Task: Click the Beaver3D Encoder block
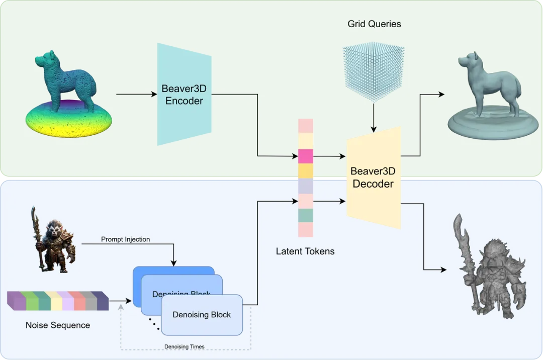click(184, 94)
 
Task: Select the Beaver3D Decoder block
click(374, 177)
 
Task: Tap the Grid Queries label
click(375, 24)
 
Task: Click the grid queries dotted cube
click(374, 71)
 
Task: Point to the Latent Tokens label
click(305, 251)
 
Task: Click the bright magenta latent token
click(306, 156)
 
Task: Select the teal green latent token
click(306, 215)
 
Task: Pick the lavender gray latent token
click(306, 186)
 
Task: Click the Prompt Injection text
click(125, 239)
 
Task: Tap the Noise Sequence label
click(58, 325)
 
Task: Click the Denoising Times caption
click(184, 346)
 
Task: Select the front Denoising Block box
click(202, 315)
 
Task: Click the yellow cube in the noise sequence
click(56, 301)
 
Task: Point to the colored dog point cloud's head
click(45, 59)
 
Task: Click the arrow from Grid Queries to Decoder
click(374, 117)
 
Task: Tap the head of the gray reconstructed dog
click(469, 62)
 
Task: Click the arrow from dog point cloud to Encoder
click(137, 94)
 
